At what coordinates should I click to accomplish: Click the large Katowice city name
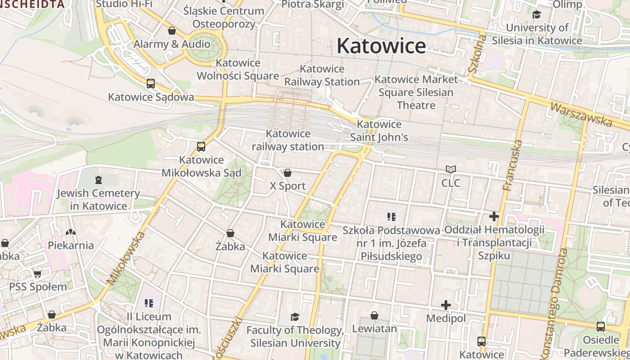[381, 46]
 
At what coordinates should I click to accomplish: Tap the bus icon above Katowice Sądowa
[151, 84]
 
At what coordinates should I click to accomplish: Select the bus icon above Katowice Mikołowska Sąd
[201, 147]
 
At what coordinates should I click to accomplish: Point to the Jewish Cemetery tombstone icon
[99, 180]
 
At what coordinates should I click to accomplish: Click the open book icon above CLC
[451, 170]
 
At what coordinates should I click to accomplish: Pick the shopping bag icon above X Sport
[288, 173]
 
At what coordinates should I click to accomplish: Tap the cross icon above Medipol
[446, 305]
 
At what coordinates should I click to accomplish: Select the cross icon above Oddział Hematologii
[494, 216]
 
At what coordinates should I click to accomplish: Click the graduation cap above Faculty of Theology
[295, 317]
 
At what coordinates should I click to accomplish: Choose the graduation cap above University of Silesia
[536, 14]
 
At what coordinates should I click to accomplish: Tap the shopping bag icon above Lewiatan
[374, 315]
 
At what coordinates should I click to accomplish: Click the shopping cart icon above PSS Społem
[38, 274]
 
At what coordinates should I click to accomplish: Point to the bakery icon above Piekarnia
[71, 232]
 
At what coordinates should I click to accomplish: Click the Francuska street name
[513, 165]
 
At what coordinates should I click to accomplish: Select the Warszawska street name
[581, 114]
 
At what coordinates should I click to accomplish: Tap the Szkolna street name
[477, 55]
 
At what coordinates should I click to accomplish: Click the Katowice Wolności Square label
[238, 69]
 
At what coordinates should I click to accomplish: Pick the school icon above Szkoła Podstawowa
[391, 217]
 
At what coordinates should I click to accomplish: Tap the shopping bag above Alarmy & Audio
[171, 31]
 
